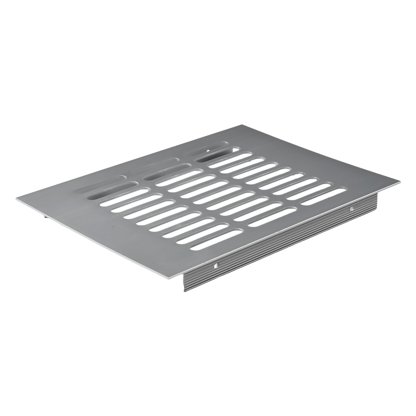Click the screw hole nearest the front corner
point(216,266)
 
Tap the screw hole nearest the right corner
point(351,208)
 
